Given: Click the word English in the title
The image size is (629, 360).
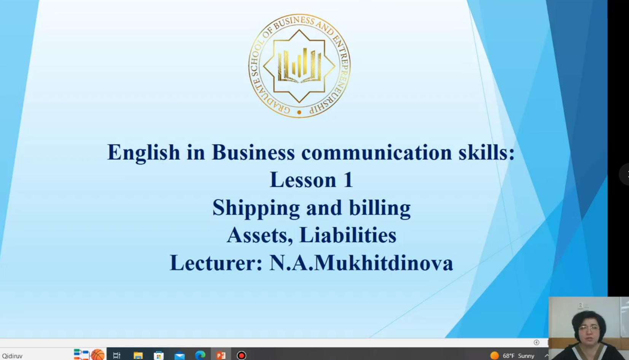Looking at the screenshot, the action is [143, 153].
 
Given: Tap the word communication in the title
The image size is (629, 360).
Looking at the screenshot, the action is [377, 152].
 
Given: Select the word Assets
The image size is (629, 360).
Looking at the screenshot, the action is [260, 235].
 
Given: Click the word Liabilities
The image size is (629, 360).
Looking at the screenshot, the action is [348, 235].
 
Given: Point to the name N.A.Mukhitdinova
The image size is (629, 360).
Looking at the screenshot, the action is [361, 263].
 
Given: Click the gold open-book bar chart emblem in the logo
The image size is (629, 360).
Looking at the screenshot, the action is [299, 66].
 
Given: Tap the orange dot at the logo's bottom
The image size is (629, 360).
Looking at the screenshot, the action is [299, 112].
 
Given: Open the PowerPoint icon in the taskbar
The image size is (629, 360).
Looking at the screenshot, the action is [221, 355].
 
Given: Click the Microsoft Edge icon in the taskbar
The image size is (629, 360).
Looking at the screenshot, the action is [200, 355].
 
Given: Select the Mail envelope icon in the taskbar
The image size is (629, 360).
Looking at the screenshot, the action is [180, 356].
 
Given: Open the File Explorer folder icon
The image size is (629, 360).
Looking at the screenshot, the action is [138, 355].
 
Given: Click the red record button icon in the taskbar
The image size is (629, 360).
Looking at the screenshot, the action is [242, 355].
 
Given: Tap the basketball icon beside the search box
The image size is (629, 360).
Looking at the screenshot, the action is [97, 354].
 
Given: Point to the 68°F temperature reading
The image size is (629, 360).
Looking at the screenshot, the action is [508, 356].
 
